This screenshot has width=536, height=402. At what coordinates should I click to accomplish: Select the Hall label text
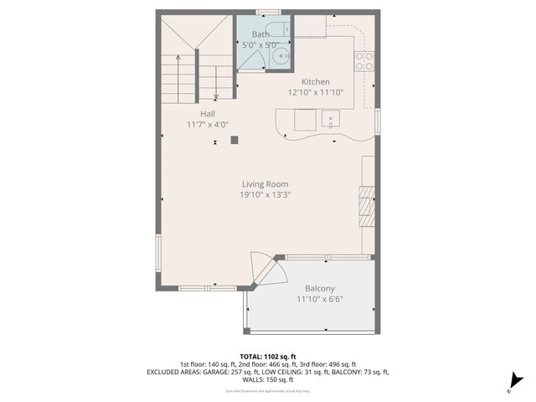click(x=208, y=114)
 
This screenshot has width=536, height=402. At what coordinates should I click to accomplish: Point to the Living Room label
click(x=265, y=184)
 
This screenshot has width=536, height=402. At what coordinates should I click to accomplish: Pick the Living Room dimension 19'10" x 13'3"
click(x=265, y=195)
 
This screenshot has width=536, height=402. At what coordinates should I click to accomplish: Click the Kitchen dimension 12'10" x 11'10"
click(x=315, y=92)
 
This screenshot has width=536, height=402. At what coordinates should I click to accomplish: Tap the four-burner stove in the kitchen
click(x=364, y=60)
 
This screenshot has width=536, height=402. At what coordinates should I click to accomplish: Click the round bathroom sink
click(x=281, y=57)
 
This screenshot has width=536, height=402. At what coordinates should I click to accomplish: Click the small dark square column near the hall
click(x=234, y=140)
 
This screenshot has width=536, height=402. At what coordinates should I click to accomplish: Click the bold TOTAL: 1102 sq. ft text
click(x=268, y=357)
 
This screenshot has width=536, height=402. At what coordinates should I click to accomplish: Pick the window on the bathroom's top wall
click(x=267, y=13)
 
